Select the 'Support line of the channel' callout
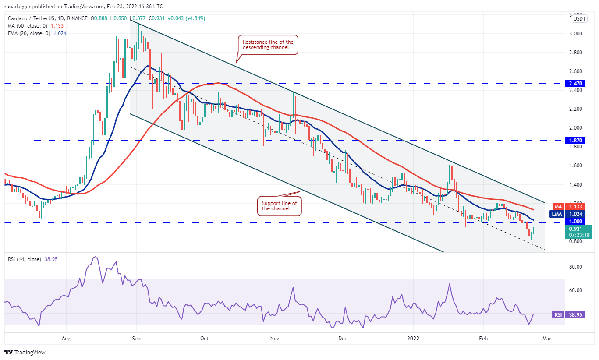coord(279,206)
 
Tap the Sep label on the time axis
coord(136,338)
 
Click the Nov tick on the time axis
coord(275,338)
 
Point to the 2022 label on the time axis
coord(414,338)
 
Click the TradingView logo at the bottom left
coord(25,352)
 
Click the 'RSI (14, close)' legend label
coord(24,259)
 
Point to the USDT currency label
coord(580,19)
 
